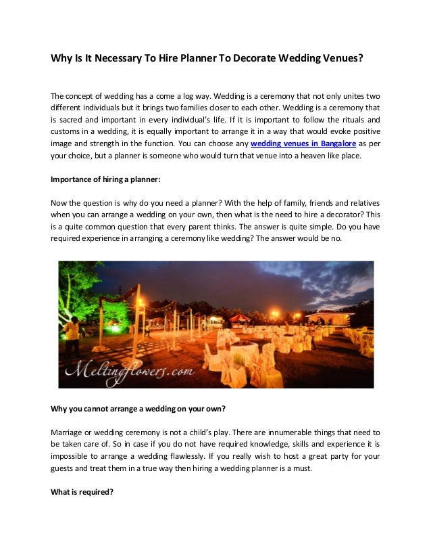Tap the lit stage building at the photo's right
click(331, 317)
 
